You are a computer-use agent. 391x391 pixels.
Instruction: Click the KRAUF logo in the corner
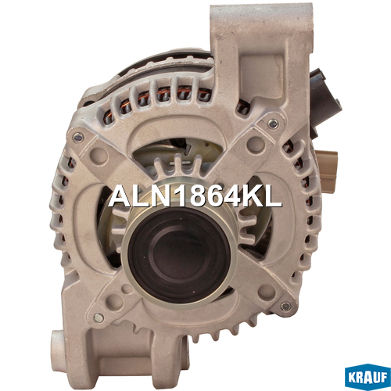tap(368, 378)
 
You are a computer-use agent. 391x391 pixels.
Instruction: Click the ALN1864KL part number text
tap(195, 196)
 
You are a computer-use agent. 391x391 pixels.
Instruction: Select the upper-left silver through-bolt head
tap(78, 137)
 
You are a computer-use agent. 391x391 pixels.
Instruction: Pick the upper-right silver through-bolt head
tap(273, 124)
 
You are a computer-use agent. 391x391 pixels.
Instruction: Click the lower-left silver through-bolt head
tap(99, 317)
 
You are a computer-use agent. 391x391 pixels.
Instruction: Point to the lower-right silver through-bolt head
tap(286, 307)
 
